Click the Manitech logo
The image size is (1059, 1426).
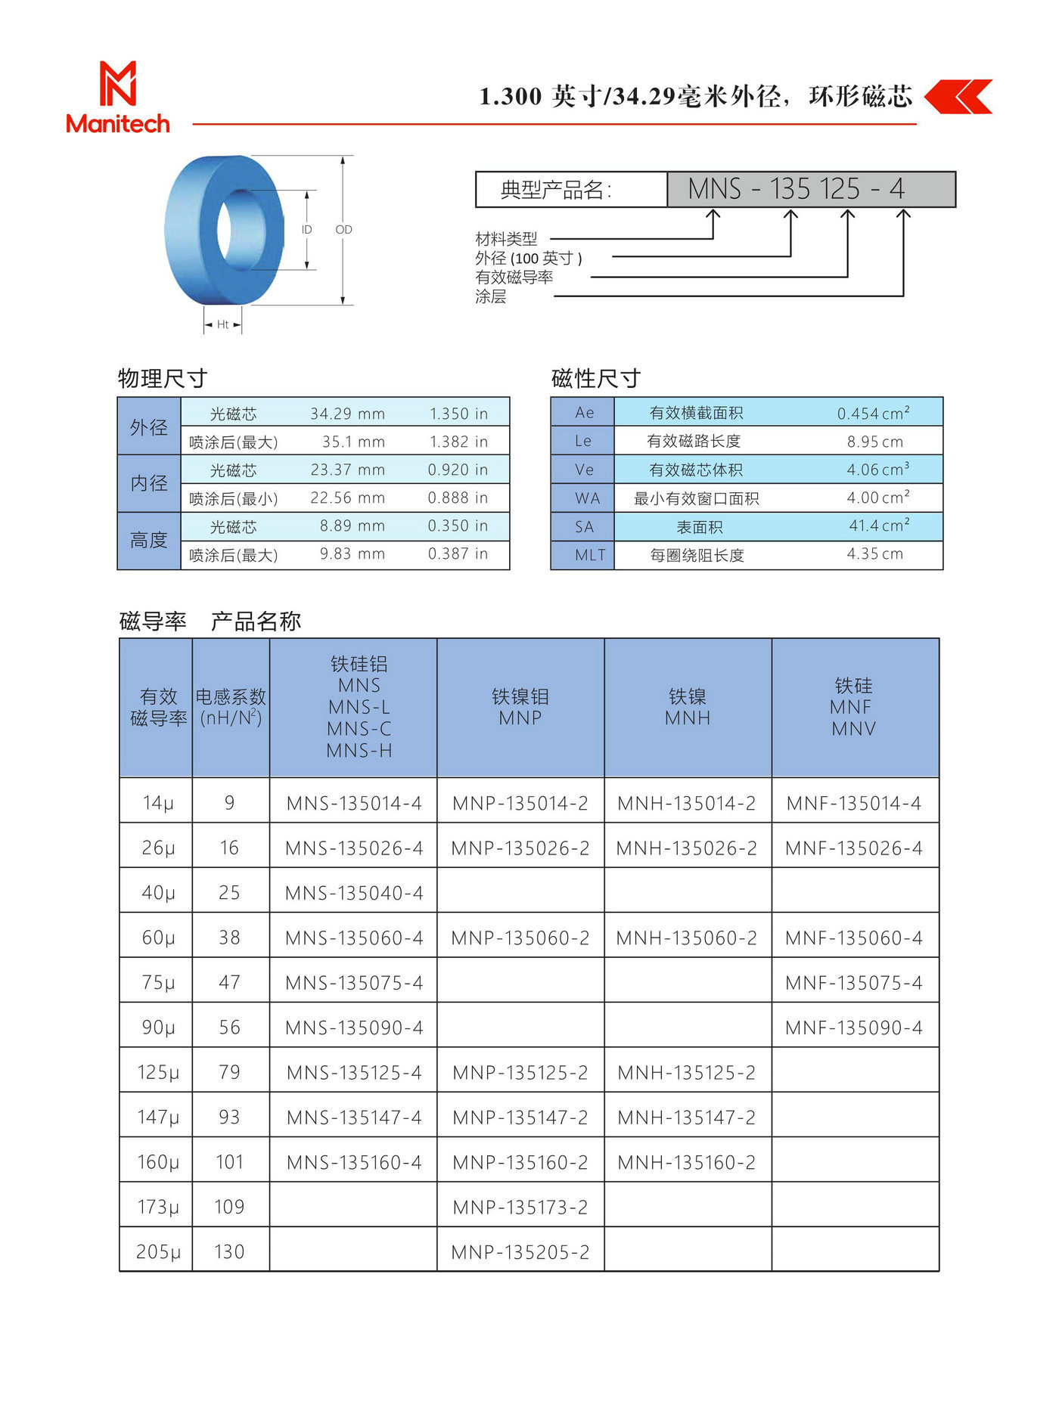point(118,98)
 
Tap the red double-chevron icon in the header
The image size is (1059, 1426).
point(958,97)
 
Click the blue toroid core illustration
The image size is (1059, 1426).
point(224,230)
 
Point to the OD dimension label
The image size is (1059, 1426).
point(343,229)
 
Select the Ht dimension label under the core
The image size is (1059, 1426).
point(222,324)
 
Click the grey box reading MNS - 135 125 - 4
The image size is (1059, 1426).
point(811,189)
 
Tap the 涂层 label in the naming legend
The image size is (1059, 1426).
point(491,296)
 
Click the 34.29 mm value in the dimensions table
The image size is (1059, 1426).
point(347,414)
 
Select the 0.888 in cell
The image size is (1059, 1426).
point(458,498)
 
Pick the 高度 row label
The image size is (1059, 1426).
point(149,540)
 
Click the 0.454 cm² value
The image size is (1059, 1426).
point(873,413)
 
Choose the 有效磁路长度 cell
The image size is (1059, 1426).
point(693,441)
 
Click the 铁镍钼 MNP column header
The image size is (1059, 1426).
point(520,707)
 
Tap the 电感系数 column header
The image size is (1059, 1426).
point(231,707)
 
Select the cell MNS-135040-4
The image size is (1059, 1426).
point(354,893)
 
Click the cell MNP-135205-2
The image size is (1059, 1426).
point(520,1252)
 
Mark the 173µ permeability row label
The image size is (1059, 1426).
point(157,1207)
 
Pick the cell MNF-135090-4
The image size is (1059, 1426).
point(854,1028)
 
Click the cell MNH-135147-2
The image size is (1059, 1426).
point(687,1118)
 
